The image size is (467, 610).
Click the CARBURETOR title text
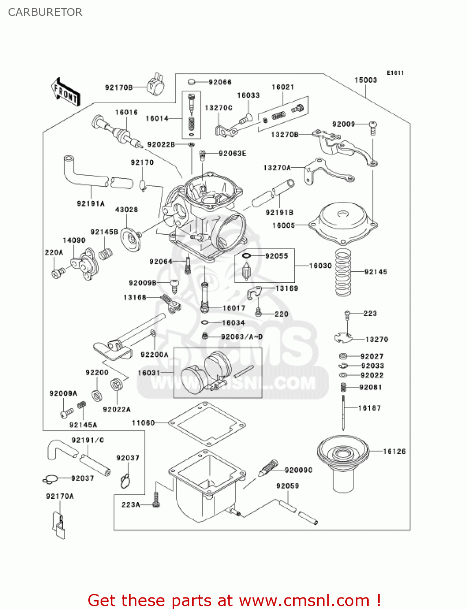pos(45,12)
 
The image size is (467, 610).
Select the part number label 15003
pos(366,80)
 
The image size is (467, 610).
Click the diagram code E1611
pos(395,73)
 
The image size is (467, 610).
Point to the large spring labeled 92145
pos(343,272)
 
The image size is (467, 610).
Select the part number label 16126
pos(394,451)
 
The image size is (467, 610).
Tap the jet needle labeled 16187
pos(344,413)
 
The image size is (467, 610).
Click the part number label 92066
pos(220,82)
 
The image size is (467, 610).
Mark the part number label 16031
pos(149,373)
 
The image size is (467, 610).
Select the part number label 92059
pos(287,486)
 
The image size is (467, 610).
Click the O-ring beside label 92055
pos(247,256)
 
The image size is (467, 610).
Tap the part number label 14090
pos(74,240)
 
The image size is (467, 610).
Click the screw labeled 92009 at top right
pos(373,128)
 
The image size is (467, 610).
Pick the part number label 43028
pos(127,209)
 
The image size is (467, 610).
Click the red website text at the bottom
pos(234,600)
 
